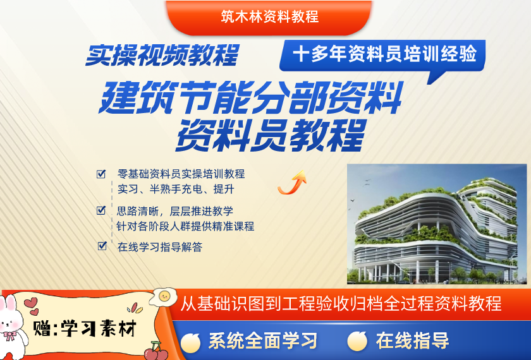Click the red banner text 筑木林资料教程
(269, 16)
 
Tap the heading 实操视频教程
(162, 55)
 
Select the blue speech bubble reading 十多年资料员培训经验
(382, 56)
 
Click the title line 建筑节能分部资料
(250, 97)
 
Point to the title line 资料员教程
(271, 135)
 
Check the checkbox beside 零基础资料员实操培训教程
(101, 174)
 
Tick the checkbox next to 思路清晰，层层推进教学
(101, 210)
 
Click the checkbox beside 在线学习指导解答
(102, 246)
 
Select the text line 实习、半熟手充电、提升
(176, 189)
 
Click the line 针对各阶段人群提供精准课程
(185, 226)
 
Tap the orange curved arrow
(292, 183)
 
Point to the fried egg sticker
(163, 297)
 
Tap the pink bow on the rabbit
(10, 336)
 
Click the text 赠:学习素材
(85, 328)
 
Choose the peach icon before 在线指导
(357, 340)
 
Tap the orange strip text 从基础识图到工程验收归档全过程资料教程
(341, 304)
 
